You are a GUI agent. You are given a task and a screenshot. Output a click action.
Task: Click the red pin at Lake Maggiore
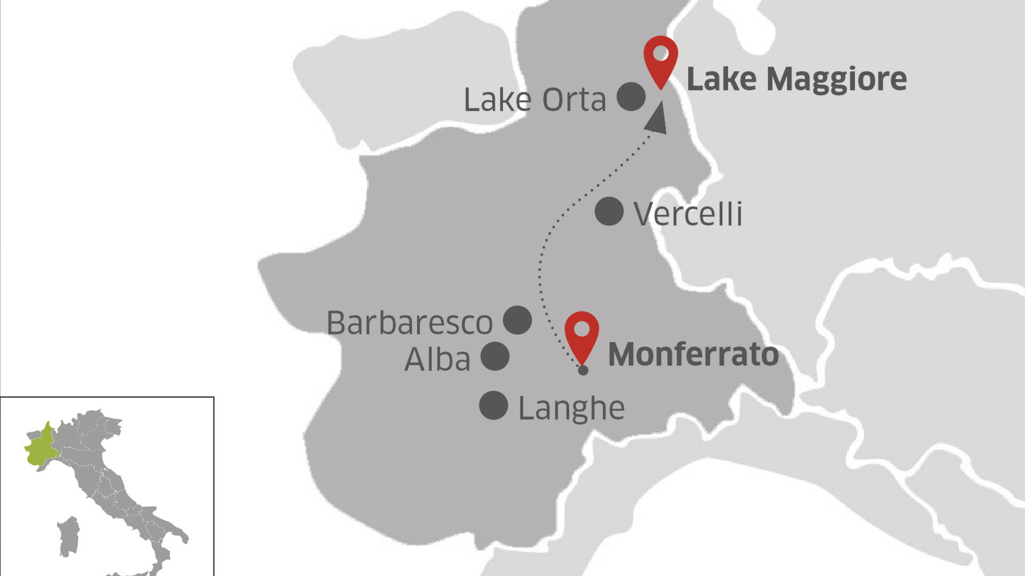[x=660, y=58]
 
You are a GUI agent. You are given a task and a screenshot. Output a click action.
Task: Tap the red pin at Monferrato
[x=581, y=334]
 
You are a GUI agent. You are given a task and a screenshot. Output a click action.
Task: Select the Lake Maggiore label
[x=796, y=79]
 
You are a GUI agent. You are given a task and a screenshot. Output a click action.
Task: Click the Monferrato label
[x=693, y=354]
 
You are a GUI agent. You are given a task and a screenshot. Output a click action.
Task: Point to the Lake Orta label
[x=535, y=100]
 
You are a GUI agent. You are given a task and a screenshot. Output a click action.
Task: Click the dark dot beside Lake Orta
[x=631, y=97]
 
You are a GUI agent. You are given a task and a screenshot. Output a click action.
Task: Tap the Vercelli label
[x=688, y=214]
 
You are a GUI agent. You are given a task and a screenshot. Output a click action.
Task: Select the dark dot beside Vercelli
[x=609, y=211]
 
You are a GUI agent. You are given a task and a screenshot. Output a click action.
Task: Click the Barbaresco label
[x=409, y=323]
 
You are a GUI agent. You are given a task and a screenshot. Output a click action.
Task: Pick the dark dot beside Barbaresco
[x=517, y=320]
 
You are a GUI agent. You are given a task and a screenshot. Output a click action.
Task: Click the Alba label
[x=437, y=359]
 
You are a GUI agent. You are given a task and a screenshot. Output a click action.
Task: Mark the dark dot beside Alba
[x=495, y=356]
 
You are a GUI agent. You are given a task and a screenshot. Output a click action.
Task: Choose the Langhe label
[x=571, y=409]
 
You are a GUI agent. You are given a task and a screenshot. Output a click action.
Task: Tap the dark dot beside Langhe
[x=493, y=405]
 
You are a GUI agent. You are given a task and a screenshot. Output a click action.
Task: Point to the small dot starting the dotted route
[x=583, y=370]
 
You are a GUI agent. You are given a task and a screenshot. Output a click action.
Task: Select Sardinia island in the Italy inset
[x=68, y=536]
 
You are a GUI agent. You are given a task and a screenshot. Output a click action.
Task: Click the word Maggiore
[x=836, y=79]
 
